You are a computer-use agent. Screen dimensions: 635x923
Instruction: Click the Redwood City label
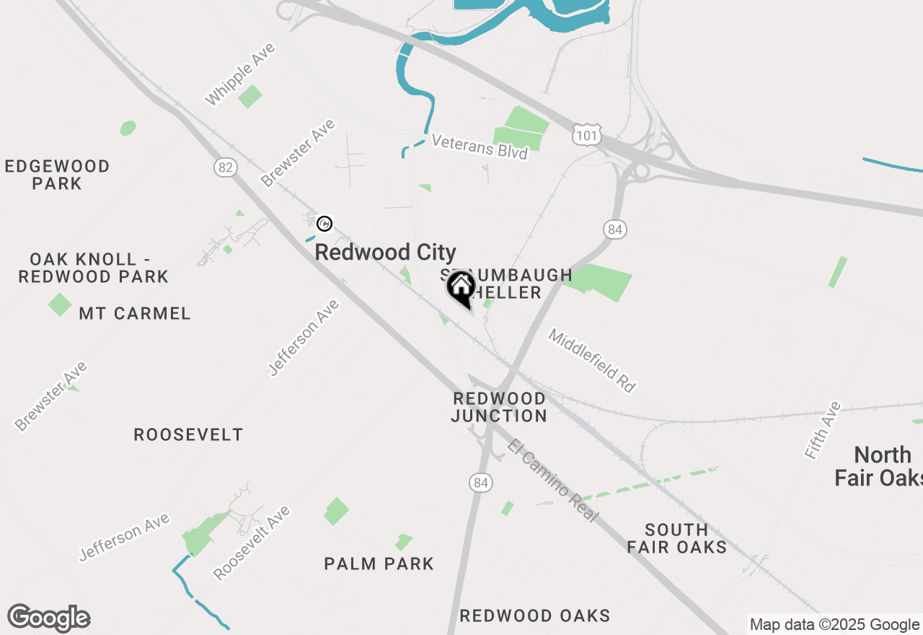tap(385, 253)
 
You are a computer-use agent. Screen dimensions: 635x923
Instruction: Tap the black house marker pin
tap(461, 289)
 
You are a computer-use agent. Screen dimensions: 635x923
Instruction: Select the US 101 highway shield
tap(587, 133)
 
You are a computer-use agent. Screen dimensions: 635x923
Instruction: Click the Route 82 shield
tap(226, 167)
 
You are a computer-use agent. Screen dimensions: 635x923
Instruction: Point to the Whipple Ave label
tap(240, 74)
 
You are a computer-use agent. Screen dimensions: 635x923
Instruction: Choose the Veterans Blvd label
tap(480, 146)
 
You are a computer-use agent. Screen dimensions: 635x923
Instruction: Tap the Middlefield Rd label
tap(591, 360)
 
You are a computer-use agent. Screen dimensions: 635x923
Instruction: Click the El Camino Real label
tap(552, 481)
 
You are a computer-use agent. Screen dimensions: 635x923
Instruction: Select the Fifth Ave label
tap(823, 430)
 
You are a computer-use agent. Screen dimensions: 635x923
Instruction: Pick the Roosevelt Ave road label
tap(252, 543)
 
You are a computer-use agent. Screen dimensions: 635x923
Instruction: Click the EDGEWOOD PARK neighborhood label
tap(57, 175)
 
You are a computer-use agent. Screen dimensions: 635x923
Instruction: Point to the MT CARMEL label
tap(135, 313)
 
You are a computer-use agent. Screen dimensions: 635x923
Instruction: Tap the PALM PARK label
tap(379, 564)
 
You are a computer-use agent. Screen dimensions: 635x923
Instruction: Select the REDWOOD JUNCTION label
tap(500, 407)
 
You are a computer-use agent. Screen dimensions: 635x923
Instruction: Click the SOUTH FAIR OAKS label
tap(676, 538)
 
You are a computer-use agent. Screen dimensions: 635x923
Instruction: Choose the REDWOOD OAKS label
tap(535, 616)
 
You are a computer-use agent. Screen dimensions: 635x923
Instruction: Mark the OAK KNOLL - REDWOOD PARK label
tap(94, 268)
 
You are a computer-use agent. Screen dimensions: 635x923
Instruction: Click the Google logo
tap(48, 618)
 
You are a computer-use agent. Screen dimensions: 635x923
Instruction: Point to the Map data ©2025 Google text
tap(834, 625)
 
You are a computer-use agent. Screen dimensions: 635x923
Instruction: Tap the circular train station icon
tap(324, 224)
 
